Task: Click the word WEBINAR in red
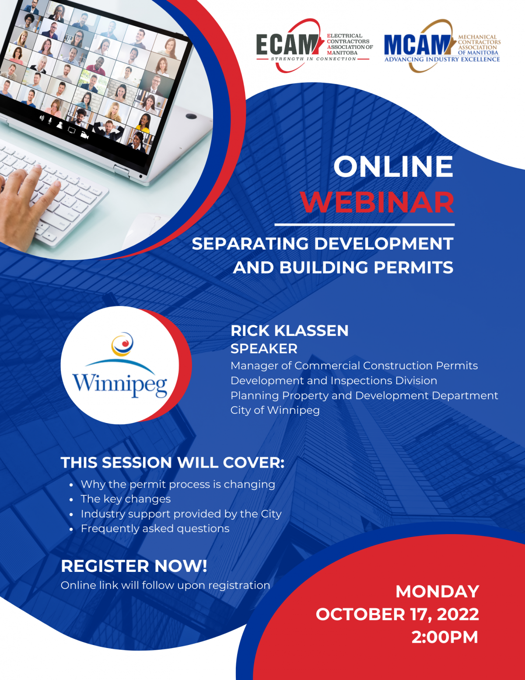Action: [x=378, y=202]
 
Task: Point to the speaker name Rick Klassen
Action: [x=289, y=331]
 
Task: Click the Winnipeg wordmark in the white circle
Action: [x=120, y=384]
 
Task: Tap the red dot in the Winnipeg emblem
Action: [x=126, y=344]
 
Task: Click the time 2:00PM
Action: [x=444, y=637]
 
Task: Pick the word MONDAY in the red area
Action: [x=437, y=592]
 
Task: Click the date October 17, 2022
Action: [x=397, y=614]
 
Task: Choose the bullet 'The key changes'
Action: [x=126, y=499]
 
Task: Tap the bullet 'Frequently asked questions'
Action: [x=155, y=528]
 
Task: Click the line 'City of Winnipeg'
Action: [x=275, y=410]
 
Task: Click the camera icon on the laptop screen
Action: [x=84, y=135]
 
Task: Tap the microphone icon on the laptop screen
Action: [x=50, y=120]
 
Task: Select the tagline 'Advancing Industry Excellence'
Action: [x=442, y=59]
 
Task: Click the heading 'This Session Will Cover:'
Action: [x=173, y=462]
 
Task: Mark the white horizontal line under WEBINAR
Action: [x=364, y=225]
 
